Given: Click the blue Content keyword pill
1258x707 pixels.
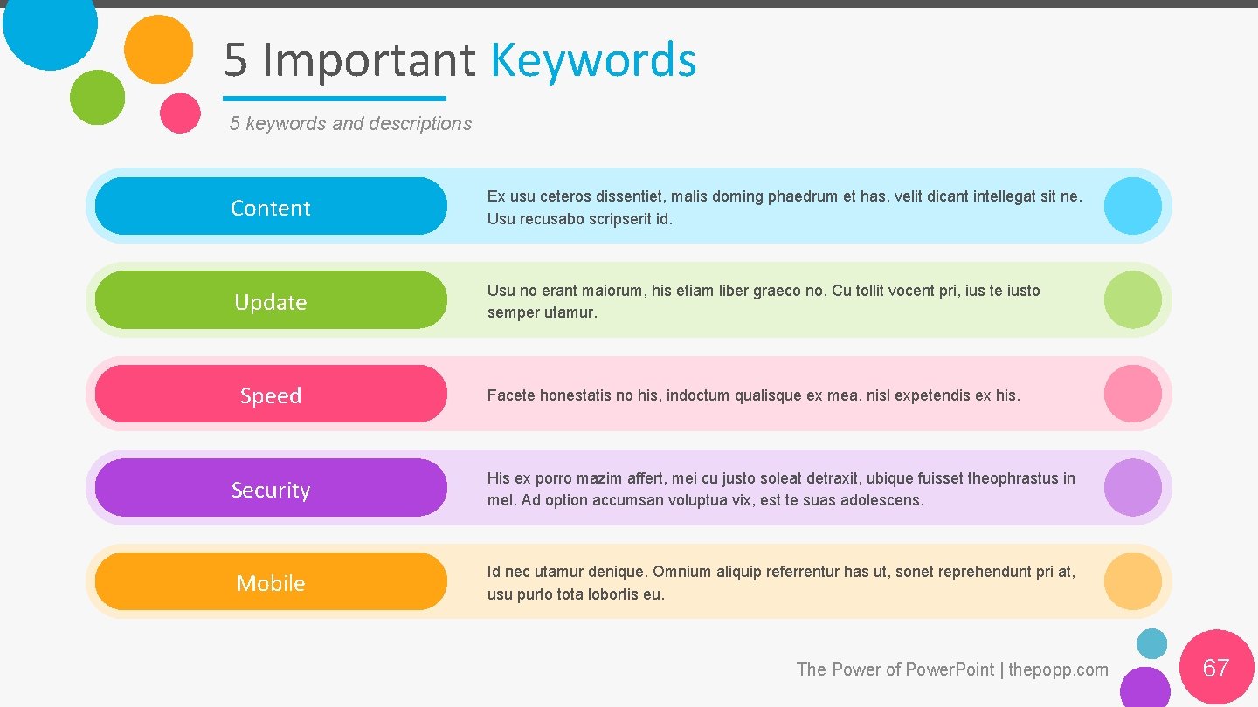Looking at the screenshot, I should coord(271,207).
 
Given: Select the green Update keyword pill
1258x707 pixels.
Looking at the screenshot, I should coord(271,300).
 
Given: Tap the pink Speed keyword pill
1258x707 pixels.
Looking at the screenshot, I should coord(271,395).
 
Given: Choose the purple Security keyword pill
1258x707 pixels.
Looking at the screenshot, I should coord(271,488).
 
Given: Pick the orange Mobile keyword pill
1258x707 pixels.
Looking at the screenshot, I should coord(271,582).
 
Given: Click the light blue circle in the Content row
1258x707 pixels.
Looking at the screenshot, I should coord(1132,206).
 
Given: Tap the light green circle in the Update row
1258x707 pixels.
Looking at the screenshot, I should coord(1132,299).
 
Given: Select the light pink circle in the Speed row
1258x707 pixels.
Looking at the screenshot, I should coord(1132,394).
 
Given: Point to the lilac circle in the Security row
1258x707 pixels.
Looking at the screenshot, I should coord(1132,487).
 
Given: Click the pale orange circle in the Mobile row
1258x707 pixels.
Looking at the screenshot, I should coord(1132,581).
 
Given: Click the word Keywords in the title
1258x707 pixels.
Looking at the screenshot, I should coord(593,61).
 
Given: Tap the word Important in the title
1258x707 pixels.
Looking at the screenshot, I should coord(369,61).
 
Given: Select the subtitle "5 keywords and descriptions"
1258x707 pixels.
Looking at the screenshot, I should coord(350,124).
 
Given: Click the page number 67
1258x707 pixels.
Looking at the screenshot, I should coord(1216,669).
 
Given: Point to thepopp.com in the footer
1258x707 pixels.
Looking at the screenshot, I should coord(1058,669).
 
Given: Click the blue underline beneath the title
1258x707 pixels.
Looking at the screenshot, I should coord(334,99).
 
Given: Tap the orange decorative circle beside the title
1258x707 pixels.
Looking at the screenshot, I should coord(158,50).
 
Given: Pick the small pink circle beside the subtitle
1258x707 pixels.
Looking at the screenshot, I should coord(181,113).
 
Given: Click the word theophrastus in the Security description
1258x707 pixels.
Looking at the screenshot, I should coord(1013,478).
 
